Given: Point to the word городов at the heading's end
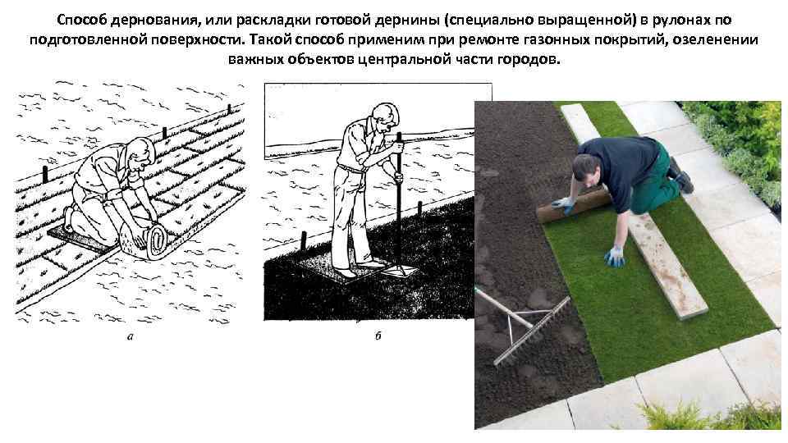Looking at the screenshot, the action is click(x=528, y=59).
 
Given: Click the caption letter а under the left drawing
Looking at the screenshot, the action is click(x=131, y=337).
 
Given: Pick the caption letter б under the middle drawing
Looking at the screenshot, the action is click(x=378, y=335).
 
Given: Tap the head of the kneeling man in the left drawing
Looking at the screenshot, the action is click(x=143, y=153).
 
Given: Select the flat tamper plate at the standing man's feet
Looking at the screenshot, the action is click(x=400, y=272).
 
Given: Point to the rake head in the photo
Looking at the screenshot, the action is click(x=533, y=331).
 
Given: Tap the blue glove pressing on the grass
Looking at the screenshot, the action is click(x=615, y=257).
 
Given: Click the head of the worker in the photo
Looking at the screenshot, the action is click(x=586, y=167).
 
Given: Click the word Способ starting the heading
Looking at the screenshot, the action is click(x=82, y=20).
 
